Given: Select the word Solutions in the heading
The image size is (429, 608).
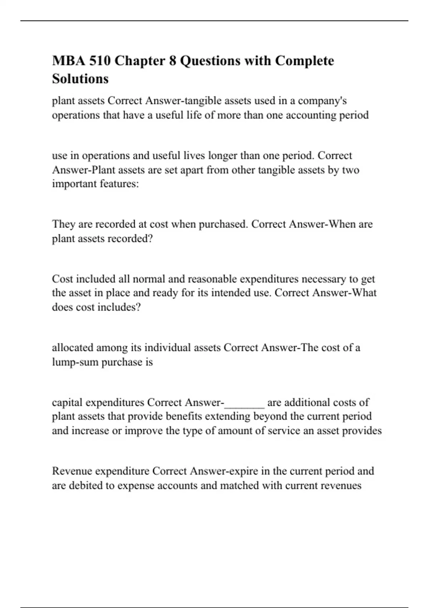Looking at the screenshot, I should [80, 79].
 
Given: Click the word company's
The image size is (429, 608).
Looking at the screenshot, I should [322, 101].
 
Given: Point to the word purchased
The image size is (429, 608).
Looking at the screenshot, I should [223, 224].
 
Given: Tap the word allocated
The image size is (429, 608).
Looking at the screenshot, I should [73, 348].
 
